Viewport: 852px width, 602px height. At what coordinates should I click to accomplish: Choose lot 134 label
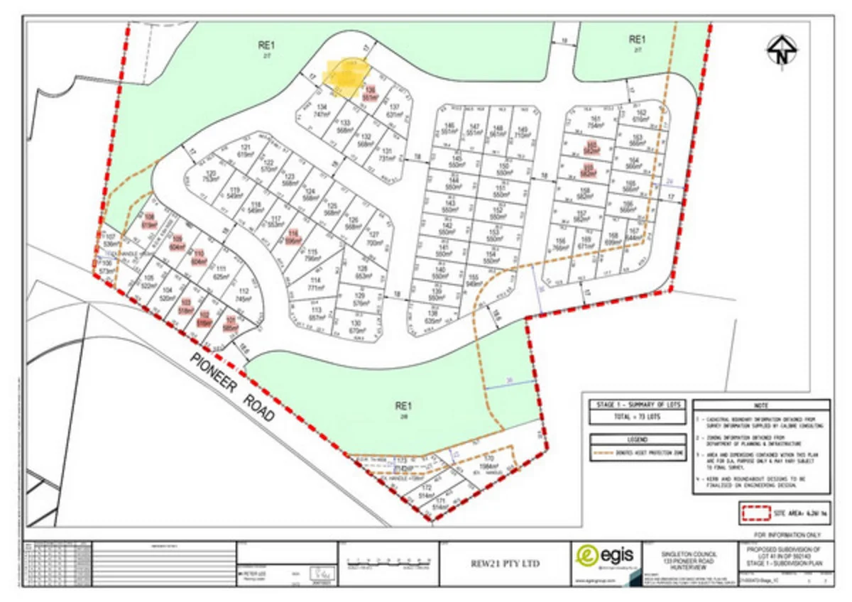pos(323,110)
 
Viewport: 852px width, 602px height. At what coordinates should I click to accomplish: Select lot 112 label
pos(244,296)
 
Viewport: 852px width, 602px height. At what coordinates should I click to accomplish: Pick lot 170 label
pos(488,462)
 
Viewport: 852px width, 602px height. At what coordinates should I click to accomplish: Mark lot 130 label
pos(357,327)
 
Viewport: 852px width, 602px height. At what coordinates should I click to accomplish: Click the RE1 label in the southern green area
pos(403,407)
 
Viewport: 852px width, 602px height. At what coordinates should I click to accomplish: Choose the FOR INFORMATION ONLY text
pos(790,533)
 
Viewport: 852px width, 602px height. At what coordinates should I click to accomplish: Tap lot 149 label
pos(523,132)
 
